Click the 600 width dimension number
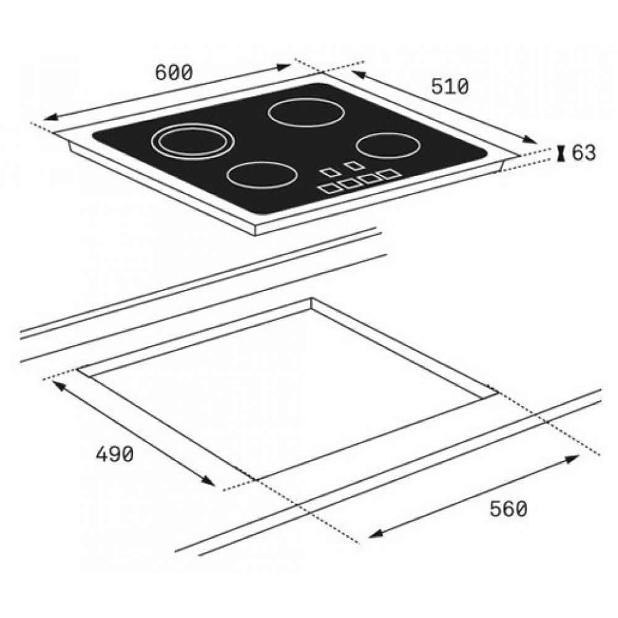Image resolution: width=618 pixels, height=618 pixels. click(174, 72)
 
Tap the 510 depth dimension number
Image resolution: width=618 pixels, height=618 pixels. click(450, 87)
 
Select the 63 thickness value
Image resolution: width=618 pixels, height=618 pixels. click(584, 153)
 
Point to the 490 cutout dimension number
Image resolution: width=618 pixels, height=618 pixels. click(115, 454)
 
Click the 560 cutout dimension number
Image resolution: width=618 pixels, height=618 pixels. click(509, 509)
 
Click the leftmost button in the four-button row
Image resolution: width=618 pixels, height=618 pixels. click(330, 188)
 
